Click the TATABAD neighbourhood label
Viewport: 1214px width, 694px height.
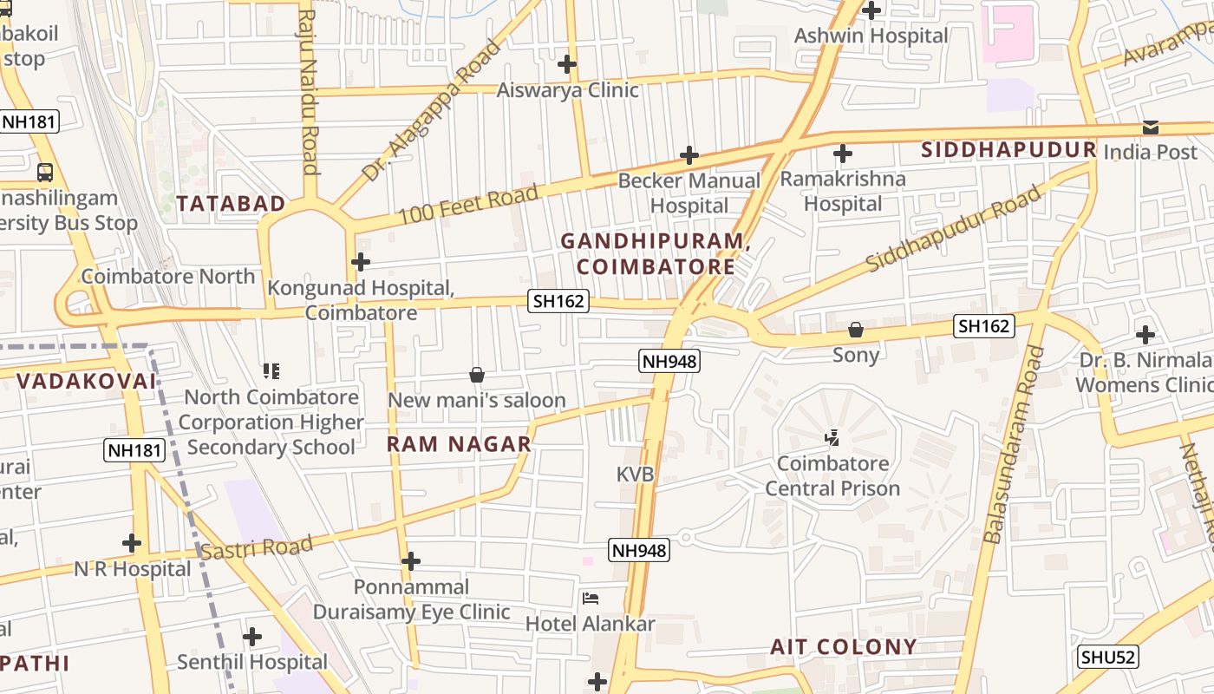click(231, 204)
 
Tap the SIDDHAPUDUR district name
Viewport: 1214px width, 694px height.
click(1008, 150)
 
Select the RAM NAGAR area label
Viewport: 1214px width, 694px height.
click(459, 444)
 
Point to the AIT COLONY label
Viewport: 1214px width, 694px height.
click(844, 646)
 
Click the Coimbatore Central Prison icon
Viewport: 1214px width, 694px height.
click(832, 438)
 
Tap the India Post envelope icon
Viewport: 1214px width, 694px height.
click(1150, 128)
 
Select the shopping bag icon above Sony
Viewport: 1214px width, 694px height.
click(856, 330)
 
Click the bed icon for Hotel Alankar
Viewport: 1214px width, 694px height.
click(591, 599)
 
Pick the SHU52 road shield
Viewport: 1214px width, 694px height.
click(1107, 657)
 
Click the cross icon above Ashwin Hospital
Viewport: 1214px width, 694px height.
click(871, 10)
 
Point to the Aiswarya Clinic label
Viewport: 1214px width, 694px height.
click(567, 90)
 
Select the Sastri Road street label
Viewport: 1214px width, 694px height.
click(256, 548)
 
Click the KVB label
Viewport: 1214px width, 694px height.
click(635, 475)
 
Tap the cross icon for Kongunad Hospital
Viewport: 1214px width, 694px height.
click(361, 261)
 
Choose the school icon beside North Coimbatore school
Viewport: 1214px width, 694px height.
click(271, 371)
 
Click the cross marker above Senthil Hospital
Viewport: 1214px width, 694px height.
click(252, 637)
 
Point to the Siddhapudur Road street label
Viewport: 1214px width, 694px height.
click(954, 228)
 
